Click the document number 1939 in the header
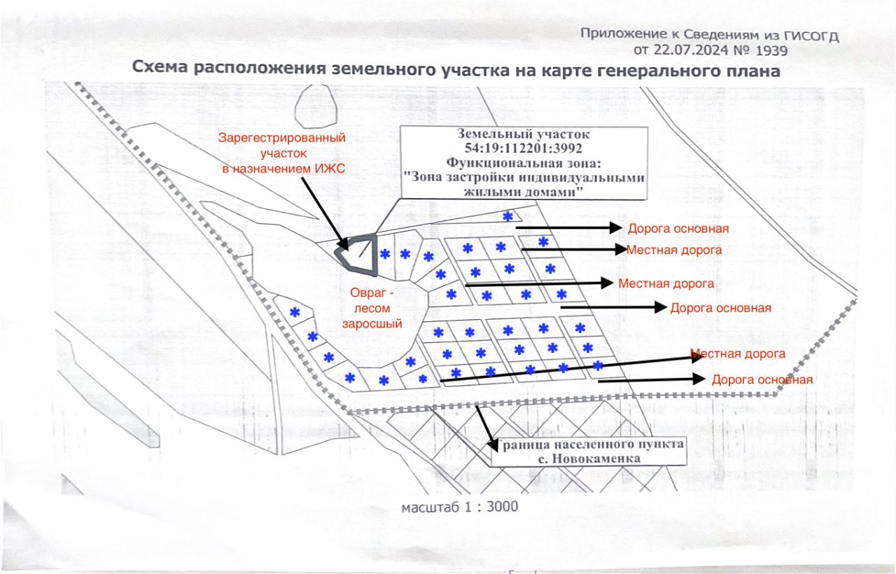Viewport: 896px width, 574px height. coord(771,50)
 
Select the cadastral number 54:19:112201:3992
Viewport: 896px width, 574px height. coord(523,148)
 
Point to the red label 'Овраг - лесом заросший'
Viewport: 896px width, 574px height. coord(372,307)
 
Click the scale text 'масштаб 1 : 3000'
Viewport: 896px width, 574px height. coord(459,506)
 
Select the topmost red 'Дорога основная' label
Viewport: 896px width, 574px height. coord(678,229)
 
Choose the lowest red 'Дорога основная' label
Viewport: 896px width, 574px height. coord(762,380)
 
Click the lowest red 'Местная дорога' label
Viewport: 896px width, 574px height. coord(738,354)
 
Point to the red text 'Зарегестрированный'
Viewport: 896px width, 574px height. coord(282,138)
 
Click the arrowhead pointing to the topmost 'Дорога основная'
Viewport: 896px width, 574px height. coord(616,227)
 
